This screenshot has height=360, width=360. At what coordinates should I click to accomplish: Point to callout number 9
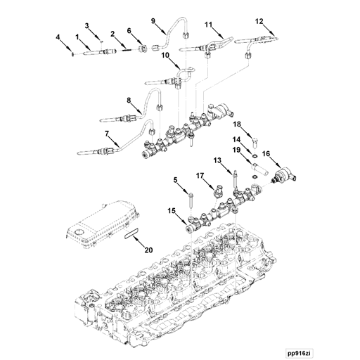click(153, 21)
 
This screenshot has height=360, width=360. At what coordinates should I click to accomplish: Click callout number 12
click(259, 22)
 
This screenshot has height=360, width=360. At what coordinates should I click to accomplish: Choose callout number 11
click(209, 25)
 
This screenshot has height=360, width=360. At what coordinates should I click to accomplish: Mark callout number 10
click(165, 55)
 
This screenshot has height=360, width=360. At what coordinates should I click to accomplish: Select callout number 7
click(108, 134)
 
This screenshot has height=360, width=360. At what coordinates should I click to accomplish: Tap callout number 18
click(237, 124)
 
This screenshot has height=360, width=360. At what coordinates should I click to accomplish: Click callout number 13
click(218, 162)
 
